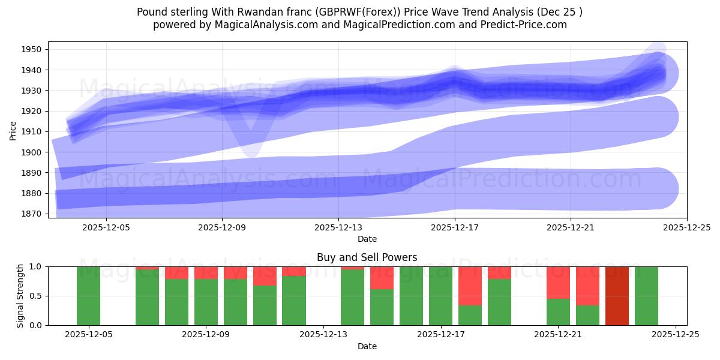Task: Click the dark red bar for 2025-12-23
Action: click(617, 296)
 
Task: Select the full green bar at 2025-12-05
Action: click(88, 296)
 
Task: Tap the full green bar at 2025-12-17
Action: click(440, 296)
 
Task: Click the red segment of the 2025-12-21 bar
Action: click(558, 282)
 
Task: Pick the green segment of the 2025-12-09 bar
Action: click(206, 302)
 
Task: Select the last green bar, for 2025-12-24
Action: click(646, 296)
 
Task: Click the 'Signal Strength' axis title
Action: click(20, 296)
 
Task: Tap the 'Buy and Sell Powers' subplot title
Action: click(367, 257)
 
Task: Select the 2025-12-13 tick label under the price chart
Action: click(338, 227)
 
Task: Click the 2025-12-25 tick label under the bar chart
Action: click(676, 335)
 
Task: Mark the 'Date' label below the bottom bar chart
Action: click(367, 346)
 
